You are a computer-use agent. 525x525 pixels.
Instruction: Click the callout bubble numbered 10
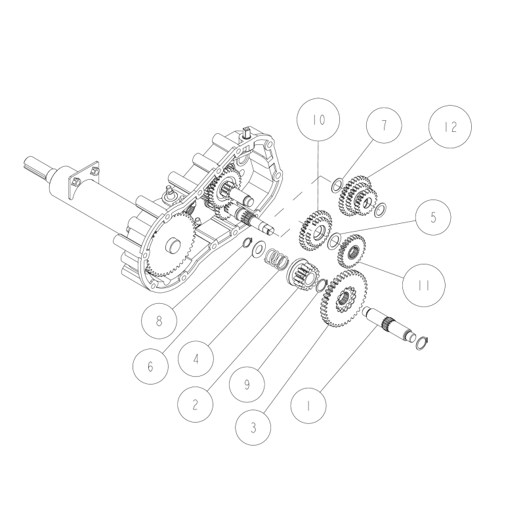(x=318, y=121)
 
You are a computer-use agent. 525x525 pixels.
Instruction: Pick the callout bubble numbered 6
(x=151, y=366)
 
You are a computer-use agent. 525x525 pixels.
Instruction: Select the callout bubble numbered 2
(x=195, y=404)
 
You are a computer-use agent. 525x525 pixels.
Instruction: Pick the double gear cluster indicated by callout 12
(x=357, y=194)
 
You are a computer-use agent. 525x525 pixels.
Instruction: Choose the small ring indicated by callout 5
(x=334, y=238)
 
